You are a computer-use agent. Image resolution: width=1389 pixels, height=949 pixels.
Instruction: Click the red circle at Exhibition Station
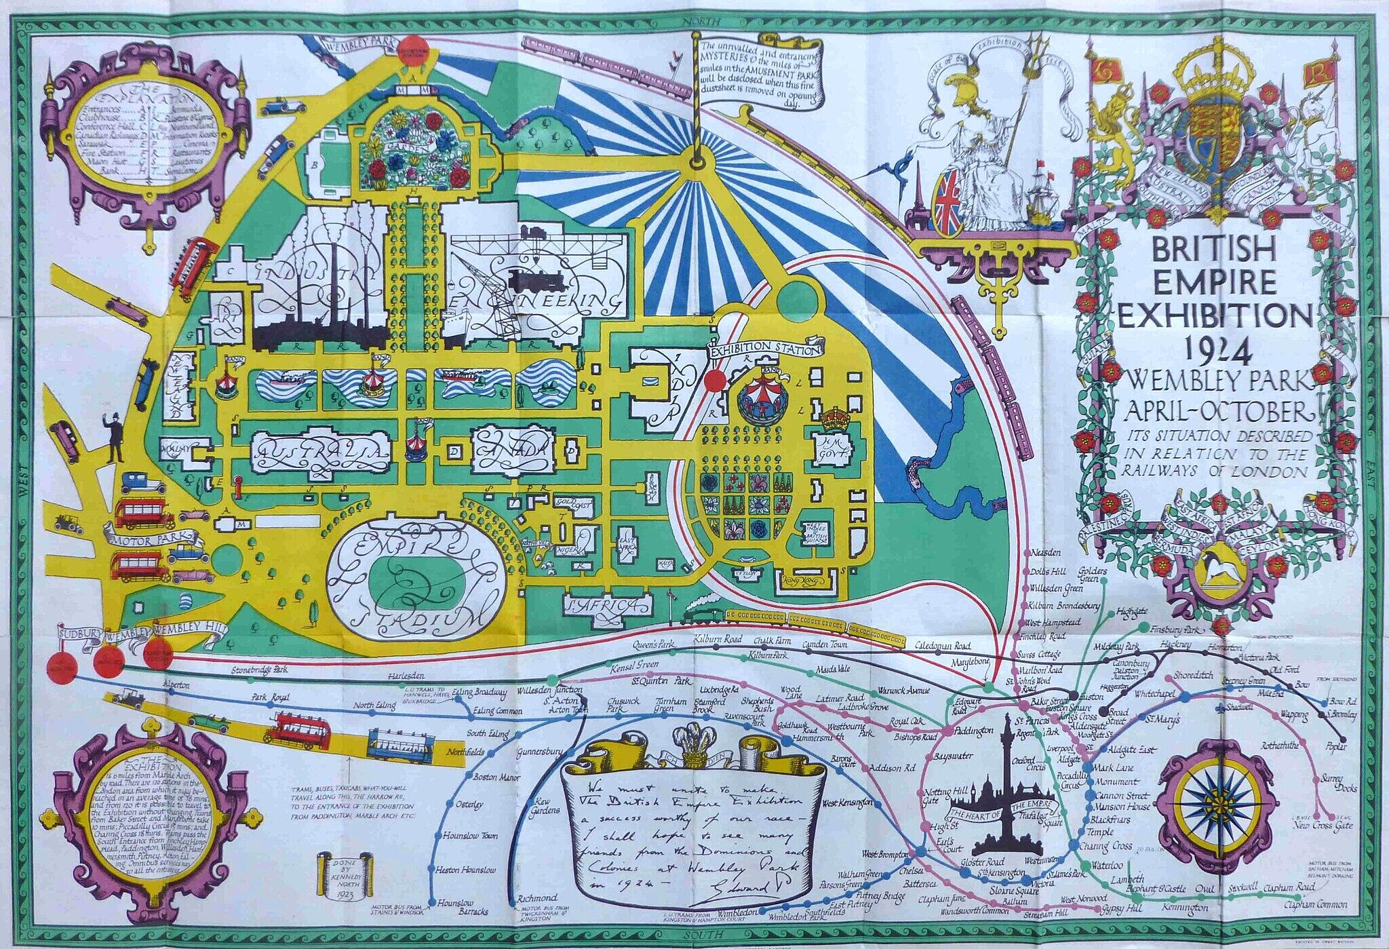pos(714,382)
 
